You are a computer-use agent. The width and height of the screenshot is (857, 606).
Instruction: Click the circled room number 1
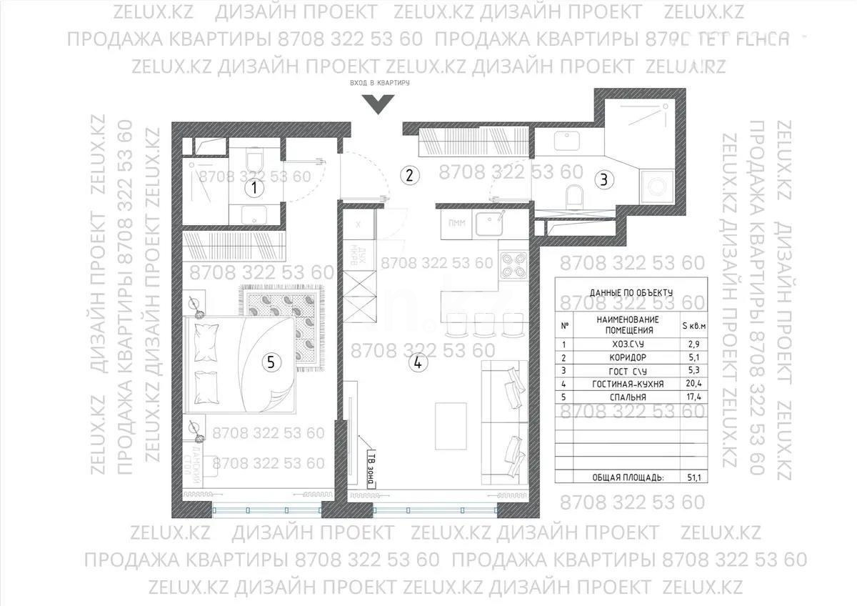click(x=254, y=189)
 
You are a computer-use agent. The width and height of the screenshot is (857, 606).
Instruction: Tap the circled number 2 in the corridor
click(x=408, y=174)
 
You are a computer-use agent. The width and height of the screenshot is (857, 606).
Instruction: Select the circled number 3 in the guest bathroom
click(x=603, y=179)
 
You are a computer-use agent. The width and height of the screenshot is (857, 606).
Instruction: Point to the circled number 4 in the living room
click(x=419, y=362)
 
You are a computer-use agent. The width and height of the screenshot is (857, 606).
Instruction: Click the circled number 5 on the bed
click(x=270, y=362)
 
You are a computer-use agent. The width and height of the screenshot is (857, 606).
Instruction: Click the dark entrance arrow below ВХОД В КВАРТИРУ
click(x=376, y=104)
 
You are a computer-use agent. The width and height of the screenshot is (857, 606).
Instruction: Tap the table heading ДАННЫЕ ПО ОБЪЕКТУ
click(x=631, y=292)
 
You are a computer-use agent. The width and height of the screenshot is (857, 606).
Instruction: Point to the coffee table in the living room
click(x=451, y=422)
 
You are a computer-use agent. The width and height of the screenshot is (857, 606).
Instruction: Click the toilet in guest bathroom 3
click(x=573, y=195)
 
